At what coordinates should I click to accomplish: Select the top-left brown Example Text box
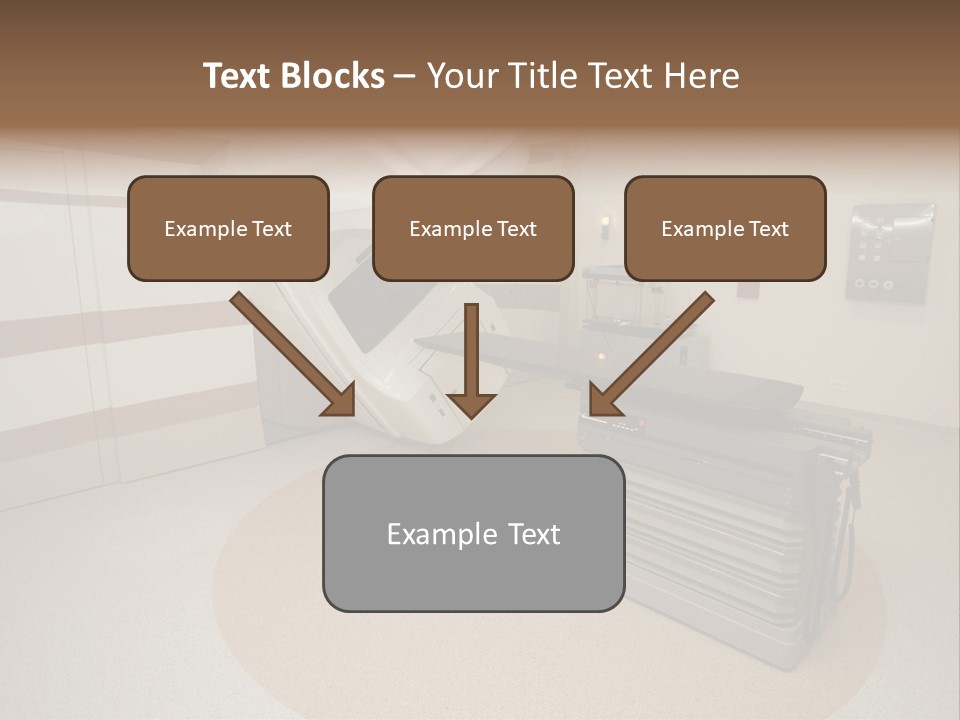coord(228,229)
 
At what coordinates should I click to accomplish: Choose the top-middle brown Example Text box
coord(473,229)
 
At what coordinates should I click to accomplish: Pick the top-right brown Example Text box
coord(725,229)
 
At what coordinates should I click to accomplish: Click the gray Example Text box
coord(473,533)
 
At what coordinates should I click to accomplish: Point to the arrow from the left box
coord(290,352)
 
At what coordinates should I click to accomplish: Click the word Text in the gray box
coord(533,534)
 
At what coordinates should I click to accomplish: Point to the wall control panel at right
coord(889,254)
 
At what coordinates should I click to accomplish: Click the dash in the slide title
coord(405,76)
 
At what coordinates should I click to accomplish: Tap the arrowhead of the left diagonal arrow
coord(340,399)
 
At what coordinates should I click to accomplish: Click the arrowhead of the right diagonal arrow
coord(603,399)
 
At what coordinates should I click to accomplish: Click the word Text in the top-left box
coord(273,229)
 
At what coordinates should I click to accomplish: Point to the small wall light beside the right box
coord(604,224)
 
